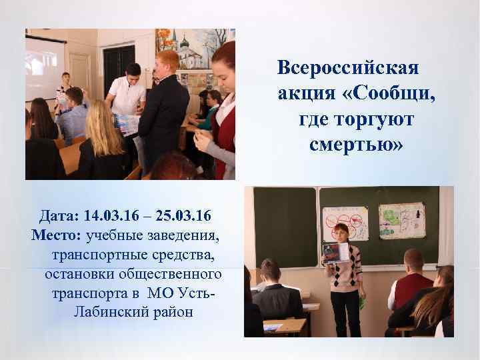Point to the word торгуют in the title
pos(375,119)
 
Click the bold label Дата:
pos(61,216)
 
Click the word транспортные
pos(95,255)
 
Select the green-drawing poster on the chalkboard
pos(401,220)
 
